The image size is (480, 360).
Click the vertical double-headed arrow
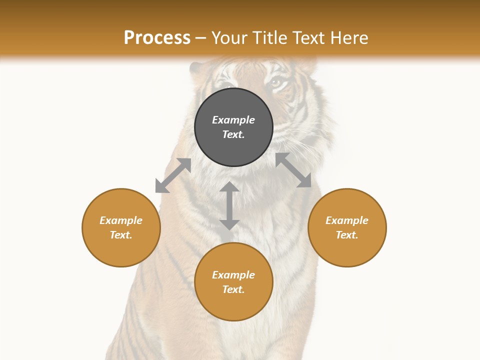[229, 206]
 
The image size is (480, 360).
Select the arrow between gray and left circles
[173, 175]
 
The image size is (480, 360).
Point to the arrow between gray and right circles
[293, 170]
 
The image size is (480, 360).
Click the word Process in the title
[157, 37]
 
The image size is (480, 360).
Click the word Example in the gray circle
[233, 120]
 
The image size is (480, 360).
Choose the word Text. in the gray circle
[233, 134]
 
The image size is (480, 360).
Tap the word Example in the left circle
[121, 220]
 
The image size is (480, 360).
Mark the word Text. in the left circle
[121, 235]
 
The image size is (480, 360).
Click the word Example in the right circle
[347, 220]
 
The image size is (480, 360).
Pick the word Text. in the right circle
[347, 235]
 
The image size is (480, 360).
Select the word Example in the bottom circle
[233, 275]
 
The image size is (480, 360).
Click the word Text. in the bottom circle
[233, 289]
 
